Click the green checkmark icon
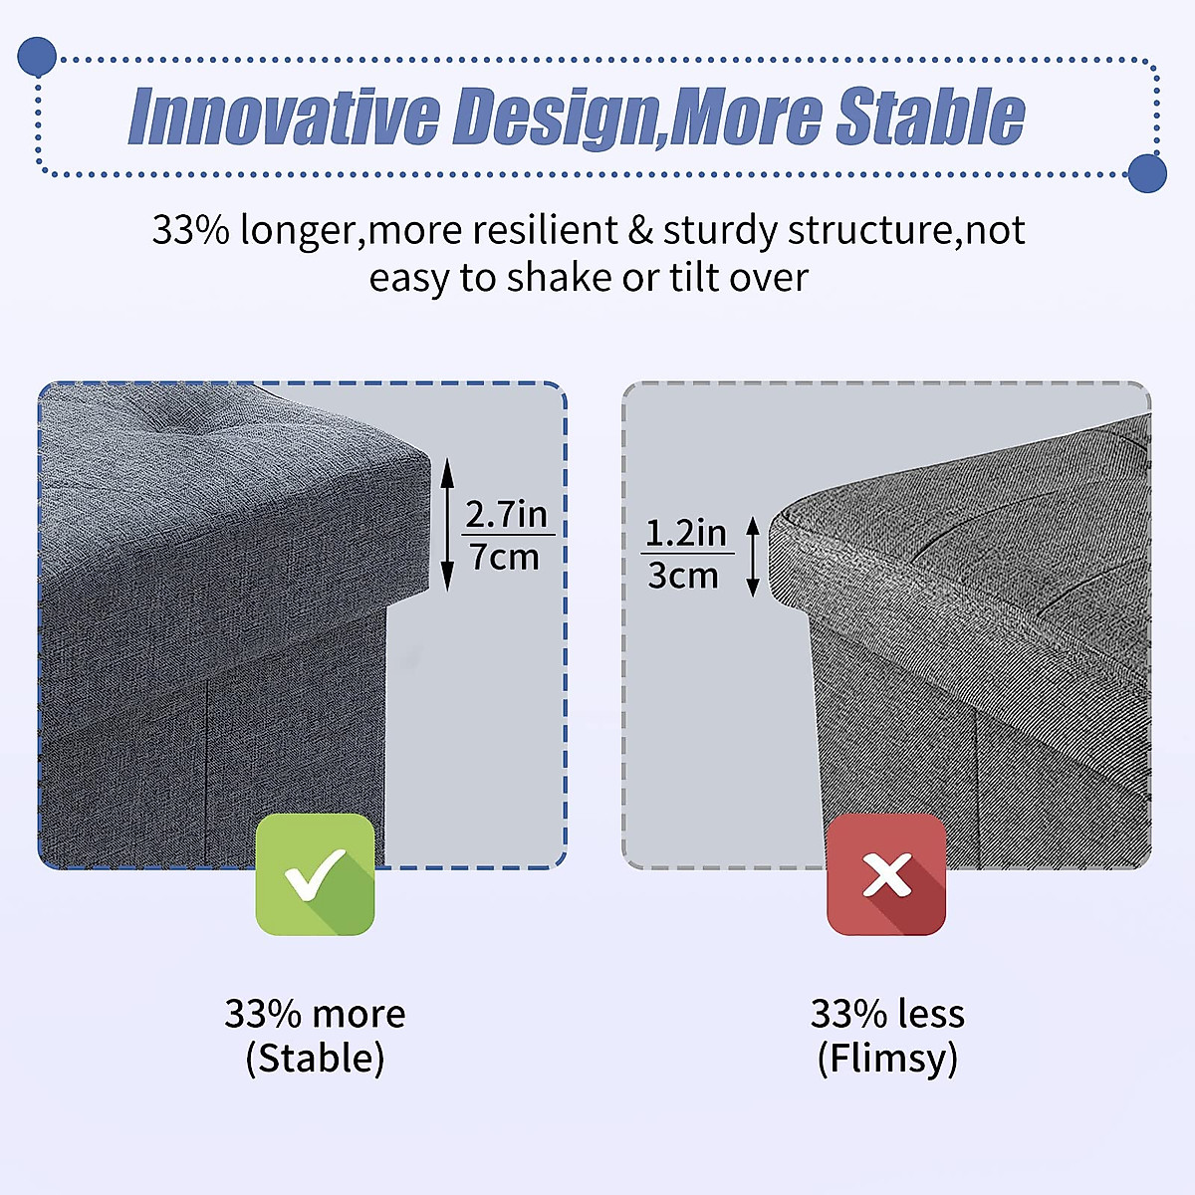pos(315,875)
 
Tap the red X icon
pos(886,875)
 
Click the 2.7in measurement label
pos(507,514)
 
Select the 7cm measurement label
pos(504,557)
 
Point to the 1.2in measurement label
pos(686,533)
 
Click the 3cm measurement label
pos(683,576)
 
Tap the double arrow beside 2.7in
pos(447,525)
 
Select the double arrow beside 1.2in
pos(753,557)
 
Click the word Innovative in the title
pos(284,117)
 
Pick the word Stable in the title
pos(930,116)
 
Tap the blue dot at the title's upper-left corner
pos(37,57)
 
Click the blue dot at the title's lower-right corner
pos(1147,173)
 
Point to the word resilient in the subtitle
pos(545,230)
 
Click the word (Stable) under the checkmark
pos(315,1058)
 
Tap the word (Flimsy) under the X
pos(887,1058)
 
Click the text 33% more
pos(315,1014)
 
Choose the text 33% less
pos(887,1014)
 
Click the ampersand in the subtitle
pos(640,230)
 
